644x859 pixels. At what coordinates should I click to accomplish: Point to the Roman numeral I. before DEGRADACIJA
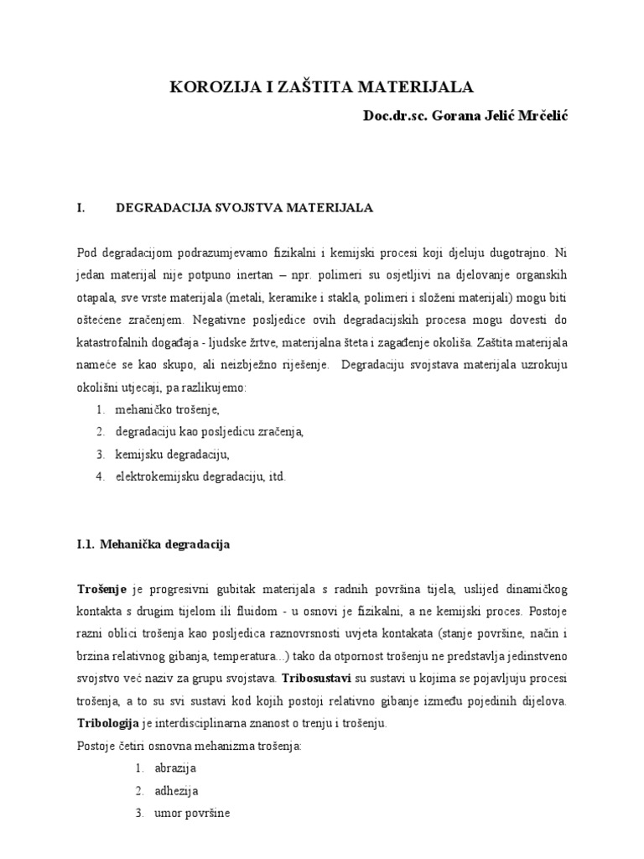(82, 206)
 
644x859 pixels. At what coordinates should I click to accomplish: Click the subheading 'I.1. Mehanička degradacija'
(153, 544)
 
